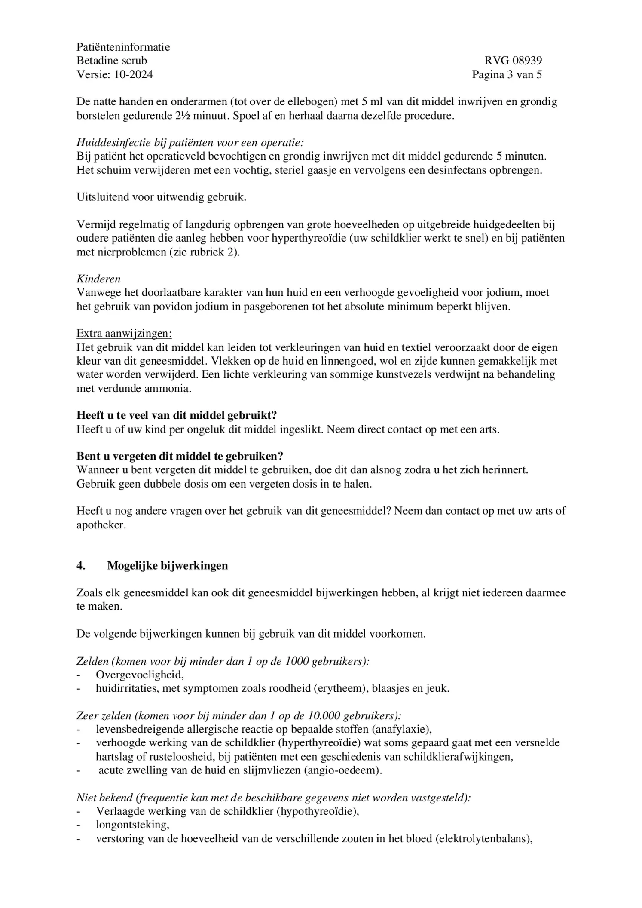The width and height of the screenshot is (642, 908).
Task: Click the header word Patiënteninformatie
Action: [x=123, y=47]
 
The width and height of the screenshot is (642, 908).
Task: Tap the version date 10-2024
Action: [x=133, y=74]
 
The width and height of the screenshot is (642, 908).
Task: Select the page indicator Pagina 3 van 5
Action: [x=507, y=74]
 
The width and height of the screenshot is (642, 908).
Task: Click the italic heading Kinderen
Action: [x=98, y=279]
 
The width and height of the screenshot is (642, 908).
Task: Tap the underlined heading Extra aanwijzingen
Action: [x=124, y=334]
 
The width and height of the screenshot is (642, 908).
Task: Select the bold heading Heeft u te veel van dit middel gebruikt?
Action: [x=177, y=415]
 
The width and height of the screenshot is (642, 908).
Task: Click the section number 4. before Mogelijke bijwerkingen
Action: [x=81, y=566]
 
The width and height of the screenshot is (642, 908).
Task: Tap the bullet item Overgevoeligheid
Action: [x=140, y=675]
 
